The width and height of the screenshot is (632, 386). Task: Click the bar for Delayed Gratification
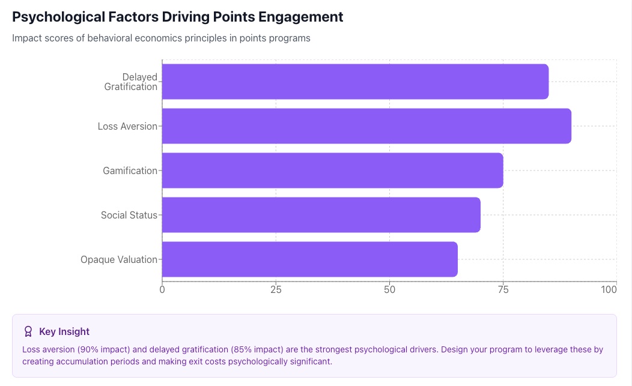[x=355, y=82]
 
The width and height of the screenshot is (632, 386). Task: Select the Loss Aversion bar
[x=366, y=126]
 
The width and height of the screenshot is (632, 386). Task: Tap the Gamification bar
[x=332, y=170]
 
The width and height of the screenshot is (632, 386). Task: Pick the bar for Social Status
[x=321, y=215]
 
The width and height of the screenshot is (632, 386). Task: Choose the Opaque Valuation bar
[x=309, y=259]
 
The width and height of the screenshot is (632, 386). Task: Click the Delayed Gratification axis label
[x=131, y=82]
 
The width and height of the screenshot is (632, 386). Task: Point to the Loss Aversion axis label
[x=127, y=126]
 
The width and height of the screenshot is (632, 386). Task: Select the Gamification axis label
[x=130, y=170]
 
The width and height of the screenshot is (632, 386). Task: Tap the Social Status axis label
[x=129, y=215]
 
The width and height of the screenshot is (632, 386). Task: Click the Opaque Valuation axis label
[x=119, y=259]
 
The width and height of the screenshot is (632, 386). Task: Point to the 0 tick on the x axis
[x=162, y=290]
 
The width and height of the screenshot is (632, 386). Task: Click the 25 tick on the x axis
[x=276, y=290]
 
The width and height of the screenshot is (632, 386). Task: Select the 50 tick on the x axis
[x=389, y=290]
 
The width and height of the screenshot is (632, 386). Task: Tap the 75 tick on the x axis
[x=503, y=290]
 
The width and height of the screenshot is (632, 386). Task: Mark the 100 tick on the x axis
[x=609, y=290]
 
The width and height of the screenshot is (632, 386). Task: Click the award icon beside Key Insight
[x=28, y=331]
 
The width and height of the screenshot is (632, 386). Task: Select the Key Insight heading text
[x=64, y=331]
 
